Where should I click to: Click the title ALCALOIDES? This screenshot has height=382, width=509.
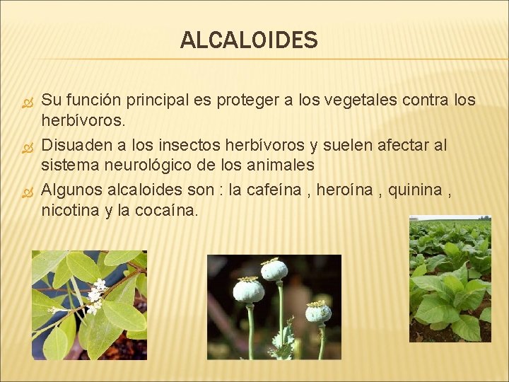tap(249, 40)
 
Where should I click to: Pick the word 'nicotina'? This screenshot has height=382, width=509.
tap(70, 210)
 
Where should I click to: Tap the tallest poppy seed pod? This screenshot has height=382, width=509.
tap(274, 270)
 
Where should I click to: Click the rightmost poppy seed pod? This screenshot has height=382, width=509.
tap(318, 311)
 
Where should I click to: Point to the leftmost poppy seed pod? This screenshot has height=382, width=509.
tap(248, 290)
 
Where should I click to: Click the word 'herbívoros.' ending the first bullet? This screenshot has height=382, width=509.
tap(83, 121)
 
